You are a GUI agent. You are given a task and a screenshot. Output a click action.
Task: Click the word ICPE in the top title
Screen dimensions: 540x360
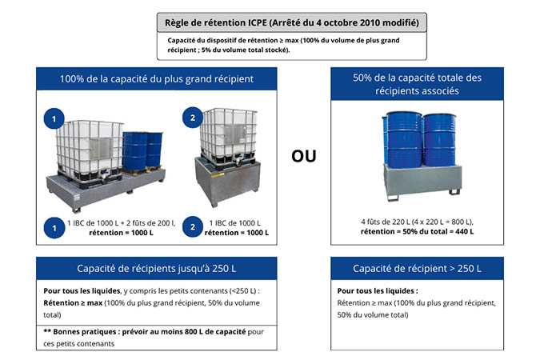click(258, 22)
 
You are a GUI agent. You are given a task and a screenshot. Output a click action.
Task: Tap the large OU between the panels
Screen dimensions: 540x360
click(304, 156)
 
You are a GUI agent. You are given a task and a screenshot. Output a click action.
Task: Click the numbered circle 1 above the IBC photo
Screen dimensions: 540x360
click(54, 118)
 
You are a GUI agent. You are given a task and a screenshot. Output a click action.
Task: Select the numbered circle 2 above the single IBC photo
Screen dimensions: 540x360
click(193, 118)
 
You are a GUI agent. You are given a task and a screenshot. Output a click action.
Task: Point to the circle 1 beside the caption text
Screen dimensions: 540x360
click(54, 228)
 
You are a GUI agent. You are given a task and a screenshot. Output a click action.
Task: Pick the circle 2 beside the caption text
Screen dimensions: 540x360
click(193, 226)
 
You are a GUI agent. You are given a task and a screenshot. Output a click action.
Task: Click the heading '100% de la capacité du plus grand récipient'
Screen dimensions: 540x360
click(157, 79)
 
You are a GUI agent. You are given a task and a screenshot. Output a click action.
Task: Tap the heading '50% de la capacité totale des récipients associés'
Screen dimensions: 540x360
click(417, 84)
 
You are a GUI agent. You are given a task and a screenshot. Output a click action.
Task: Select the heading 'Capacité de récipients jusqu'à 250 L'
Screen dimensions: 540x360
click(156, 268)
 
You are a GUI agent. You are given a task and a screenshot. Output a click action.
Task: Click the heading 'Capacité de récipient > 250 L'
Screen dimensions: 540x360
click(417, 268)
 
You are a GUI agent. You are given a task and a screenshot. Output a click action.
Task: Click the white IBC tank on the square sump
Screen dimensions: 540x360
click(229, 136)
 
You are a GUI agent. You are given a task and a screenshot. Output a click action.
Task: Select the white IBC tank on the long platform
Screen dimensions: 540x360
click(90, 150)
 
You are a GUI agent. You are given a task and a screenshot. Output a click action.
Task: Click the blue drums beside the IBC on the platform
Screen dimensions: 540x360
click(142, 150)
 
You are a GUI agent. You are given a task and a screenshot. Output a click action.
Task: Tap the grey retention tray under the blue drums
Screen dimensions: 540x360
click(422, 181)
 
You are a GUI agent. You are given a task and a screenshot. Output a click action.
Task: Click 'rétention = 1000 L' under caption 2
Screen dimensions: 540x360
click(237, 233)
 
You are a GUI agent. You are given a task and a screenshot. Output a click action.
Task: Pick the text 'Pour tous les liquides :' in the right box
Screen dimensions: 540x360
click(378, 290)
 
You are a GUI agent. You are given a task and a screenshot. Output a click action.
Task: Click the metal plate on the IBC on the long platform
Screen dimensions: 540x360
click(101, 149)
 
